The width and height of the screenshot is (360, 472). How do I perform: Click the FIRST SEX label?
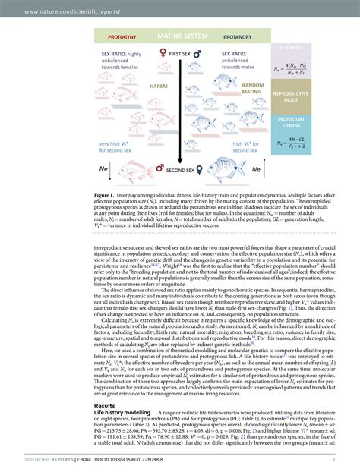[179, 55]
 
